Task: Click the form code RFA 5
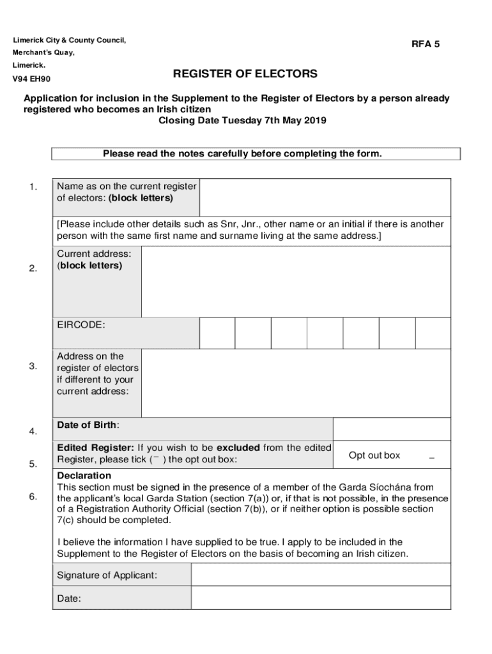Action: coord(426,45)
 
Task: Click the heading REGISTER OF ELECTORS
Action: coord(245,75)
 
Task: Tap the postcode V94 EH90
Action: coord(32,79)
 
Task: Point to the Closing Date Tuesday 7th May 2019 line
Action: coord(242,121)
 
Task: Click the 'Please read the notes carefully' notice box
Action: coord(256,154)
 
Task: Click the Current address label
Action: coord(94,254)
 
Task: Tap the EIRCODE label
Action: coord(81,325)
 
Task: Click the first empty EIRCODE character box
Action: coord(217,333)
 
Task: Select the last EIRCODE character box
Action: coord(433,333)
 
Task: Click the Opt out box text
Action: coord(374,455)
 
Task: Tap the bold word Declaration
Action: coord(84,476)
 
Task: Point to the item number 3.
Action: coord(33,366)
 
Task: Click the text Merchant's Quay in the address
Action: coord(44,52)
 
